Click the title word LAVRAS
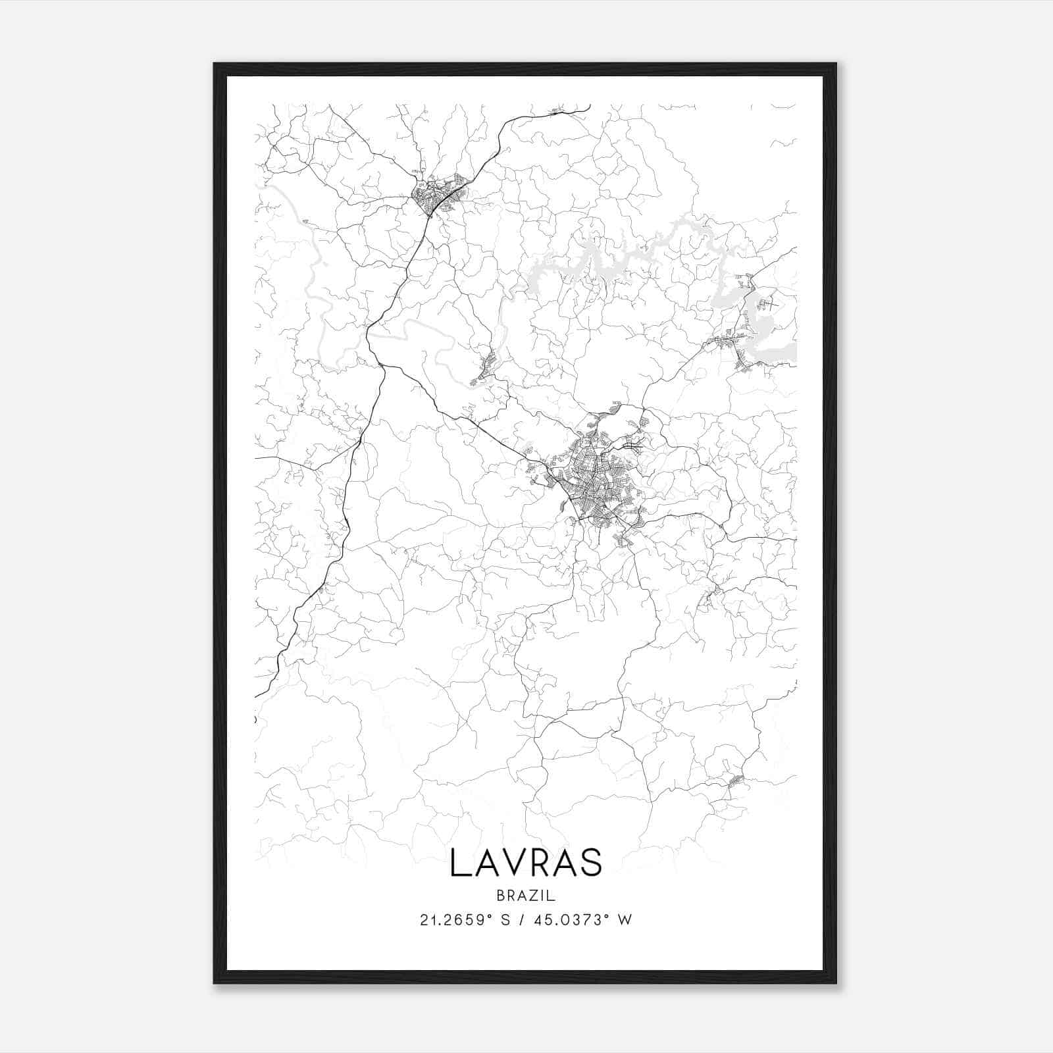point(526,863)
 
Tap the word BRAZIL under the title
point(526,896)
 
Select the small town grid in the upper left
point(436,194)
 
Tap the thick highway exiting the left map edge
point(260,693)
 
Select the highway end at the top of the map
point(588,106)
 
